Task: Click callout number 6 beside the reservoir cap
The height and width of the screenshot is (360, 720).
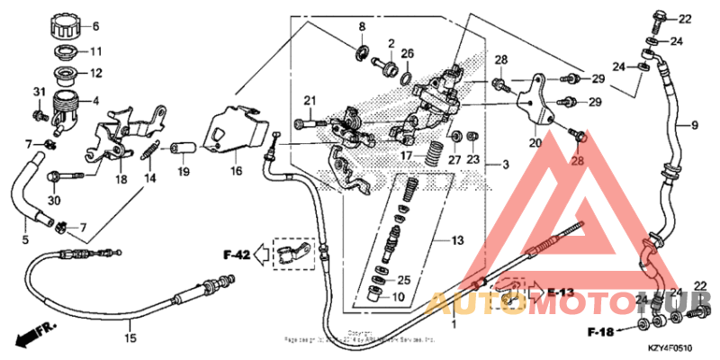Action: (x=96, y=25)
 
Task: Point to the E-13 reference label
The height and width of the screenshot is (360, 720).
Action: (x=559, y=293)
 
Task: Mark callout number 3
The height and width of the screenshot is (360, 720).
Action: (x=505, y=165)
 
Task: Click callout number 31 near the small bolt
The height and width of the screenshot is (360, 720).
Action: (x=39, y=93)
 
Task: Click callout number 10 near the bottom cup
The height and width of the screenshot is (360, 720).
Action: (x=399, y=297)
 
